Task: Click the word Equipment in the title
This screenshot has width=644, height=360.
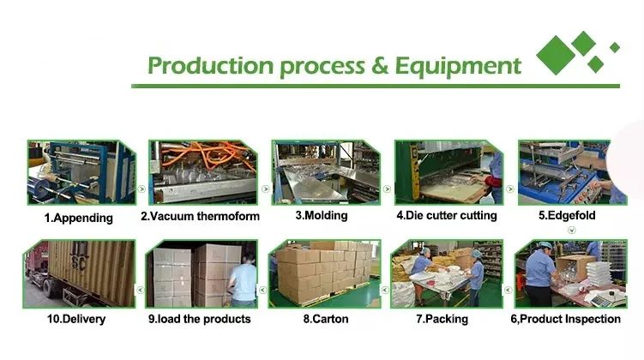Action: [x=458, y=67]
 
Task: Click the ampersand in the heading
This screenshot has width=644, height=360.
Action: [x=380, y=66]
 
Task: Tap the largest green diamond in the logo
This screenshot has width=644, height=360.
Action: [x=556, y=56]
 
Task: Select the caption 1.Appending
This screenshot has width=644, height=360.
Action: [x=78, y=218]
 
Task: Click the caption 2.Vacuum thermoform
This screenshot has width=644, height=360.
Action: [x=200, y=216]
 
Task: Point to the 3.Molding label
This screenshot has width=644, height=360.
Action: [x=322, y=215]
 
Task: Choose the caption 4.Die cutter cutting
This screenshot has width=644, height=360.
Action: [x=447, y=215]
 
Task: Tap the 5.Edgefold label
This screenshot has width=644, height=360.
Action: [x=567, y=215]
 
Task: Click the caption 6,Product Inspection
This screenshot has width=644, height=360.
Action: [x=566, y=319]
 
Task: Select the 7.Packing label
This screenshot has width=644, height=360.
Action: [x=442, y=319]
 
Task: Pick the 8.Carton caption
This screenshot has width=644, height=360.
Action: [x=326, y=319]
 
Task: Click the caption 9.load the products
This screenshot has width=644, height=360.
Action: [x=200, y=319]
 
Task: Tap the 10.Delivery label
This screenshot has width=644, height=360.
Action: [x=76, y=319]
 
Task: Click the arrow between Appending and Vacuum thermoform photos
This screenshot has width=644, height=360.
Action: [x=141, y=189]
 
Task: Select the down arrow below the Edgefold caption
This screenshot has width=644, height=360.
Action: [x=571, y=231]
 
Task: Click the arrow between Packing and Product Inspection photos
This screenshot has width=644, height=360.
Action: [x=508, y=290]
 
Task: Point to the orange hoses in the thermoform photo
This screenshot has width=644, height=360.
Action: [x=209, y=155]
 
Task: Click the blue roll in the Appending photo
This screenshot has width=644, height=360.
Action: [x=40, y=188]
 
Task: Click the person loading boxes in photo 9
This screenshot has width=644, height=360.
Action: [x=244, y=280]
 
